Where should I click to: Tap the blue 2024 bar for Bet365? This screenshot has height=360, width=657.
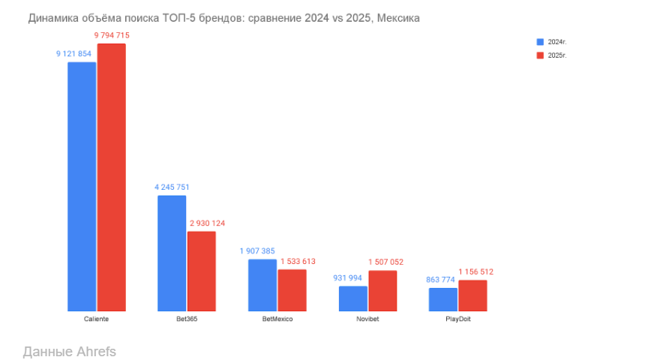pos(172,253)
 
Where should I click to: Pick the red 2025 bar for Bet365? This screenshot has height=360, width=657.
pos(202,271)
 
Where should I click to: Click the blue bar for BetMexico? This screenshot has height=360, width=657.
pos(262,285)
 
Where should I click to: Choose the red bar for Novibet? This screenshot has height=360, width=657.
pos(382,290)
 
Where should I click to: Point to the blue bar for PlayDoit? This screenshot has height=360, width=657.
pos(443,299)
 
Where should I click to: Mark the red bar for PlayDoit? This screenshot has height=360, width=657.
pos(472,295)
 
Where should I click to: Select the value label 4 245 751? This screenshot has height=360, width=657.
pos(173,187)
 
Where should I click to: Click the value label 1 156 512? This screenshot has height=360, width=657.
pos(476,271)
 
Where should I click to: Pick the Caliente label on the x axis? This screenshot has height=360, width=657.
pos(97,319)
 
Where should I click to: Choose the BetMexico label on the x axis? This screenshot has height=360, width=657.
pos(277,319)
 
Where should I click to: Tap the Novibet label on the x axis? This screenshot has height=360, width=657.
pos(367,319)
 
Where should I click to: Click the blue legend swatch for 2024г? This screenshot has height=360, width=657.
pos(539,42)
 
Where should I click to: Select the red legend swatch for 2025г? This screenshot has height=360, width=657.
pos(539,55)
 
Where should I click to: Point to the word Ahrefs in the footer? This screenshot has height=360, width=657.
pos(96,351)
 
